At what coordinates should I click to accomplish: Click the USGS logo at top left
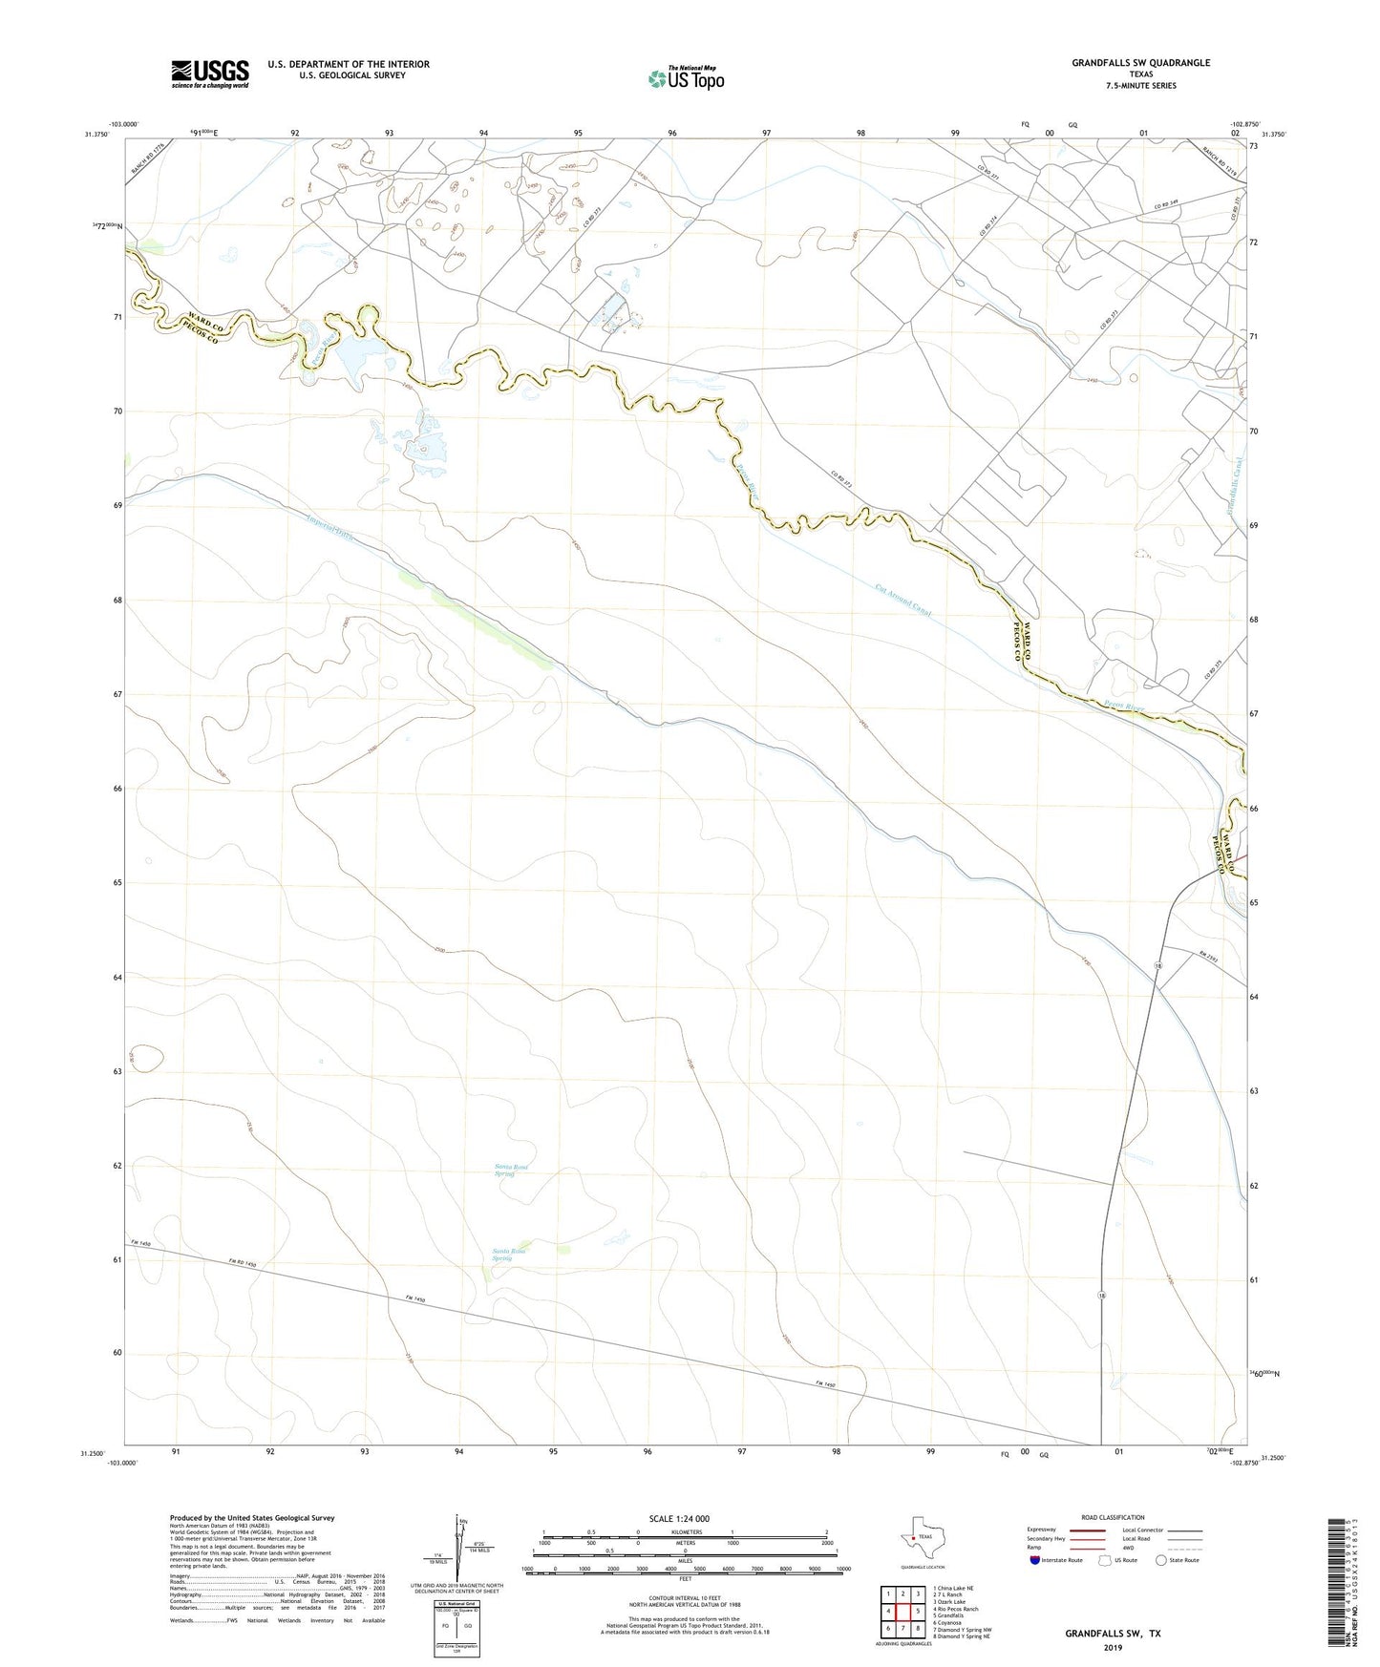(210, 74)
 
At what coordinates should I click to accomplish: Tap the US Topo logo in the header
(686, 78)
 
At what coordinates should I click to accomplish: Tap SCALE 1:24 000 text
(678, 1518)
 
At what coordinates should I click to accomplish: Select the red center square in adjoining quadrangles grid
(902, 1612)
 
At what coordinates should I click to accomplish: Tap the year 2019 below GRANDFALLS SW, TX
(1113, 1648)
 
